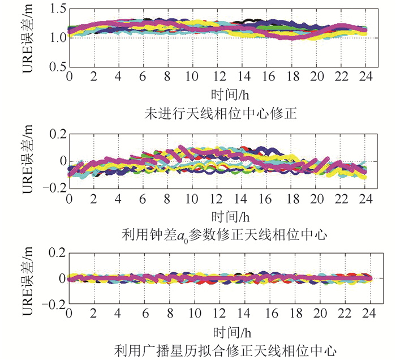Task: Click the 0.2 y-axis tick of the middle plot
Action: [x=55, y=134]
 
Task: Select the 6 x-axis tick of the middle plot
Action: [x=144, y=199]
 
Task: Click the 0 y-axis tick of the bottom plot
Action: [x=61, y=278]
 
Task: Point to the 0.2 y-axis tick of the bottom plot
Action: [x=55, y=252]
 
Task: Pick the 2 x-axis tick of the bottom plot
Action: [x=94, y=314]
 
